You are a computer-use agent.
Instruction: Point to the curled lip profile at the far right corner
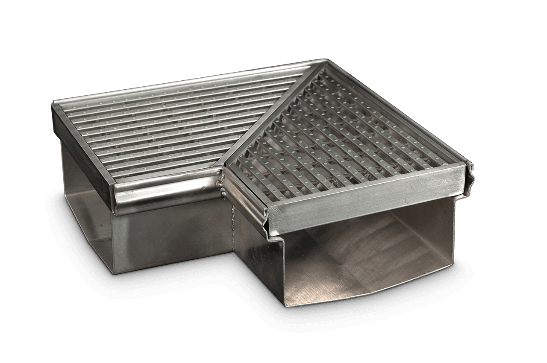coord(471,168)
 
